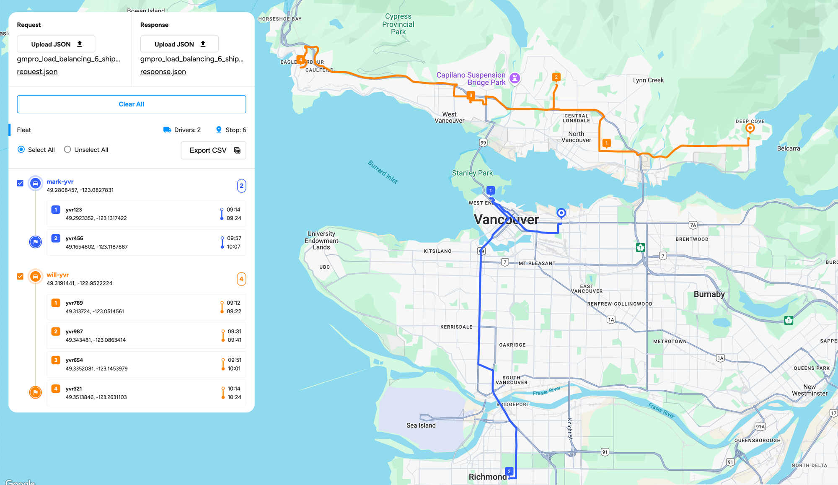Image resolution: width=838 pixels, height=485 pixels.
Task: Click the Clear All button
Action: (131, 104)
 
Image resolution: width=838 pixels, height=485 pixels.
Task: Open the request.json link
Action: (37, 72)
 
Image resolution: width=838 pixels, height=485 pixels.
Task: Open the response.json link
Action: (163, 72)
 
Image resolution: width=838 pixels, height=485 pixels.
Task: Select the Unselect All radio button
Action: (67, 150)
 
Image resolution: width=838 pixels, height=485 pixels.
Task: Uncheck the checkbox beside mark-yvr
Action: (20, 183)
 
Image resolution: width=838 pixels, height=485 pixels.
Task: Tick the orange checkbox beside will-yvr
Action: (20, 276)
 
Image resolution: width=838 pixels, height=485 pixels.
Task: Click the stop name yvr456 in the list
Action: (74, 238)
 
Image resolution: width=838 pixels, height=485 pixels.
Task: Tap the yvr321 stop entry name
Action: (74, 389)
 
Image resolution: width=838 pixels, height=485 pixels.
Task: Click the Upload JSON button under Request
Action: (56, 44)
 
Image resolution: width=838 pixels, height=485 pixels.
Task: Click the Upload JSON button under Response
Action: (179, 44)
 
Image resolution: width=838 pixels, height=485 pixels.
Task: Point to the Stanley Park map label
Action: (472, 173)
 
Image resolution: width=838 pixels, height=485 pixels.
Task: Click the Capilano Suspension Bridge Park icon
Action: (515, 78)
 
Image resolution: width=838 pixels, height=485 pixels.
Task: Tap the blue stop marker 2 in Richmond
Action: (509, 472)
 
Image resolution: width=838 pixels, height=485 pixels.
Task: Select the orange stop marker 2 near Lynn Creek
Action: (556, 77)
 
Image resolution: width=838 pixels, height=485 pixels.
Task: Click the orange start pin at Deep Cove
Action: (750, 128)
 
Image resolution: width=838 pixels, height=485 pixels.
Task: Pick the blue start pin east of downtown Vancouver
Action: (561, 213)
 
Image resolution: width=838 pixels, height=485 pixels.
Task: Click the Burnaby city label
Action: (709, 294)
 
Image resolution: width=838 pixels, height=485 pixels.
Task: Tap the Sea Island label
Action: (421, 425)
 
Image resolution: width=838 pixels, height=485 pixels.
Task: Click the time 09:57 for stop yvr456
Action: (234, 238)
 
